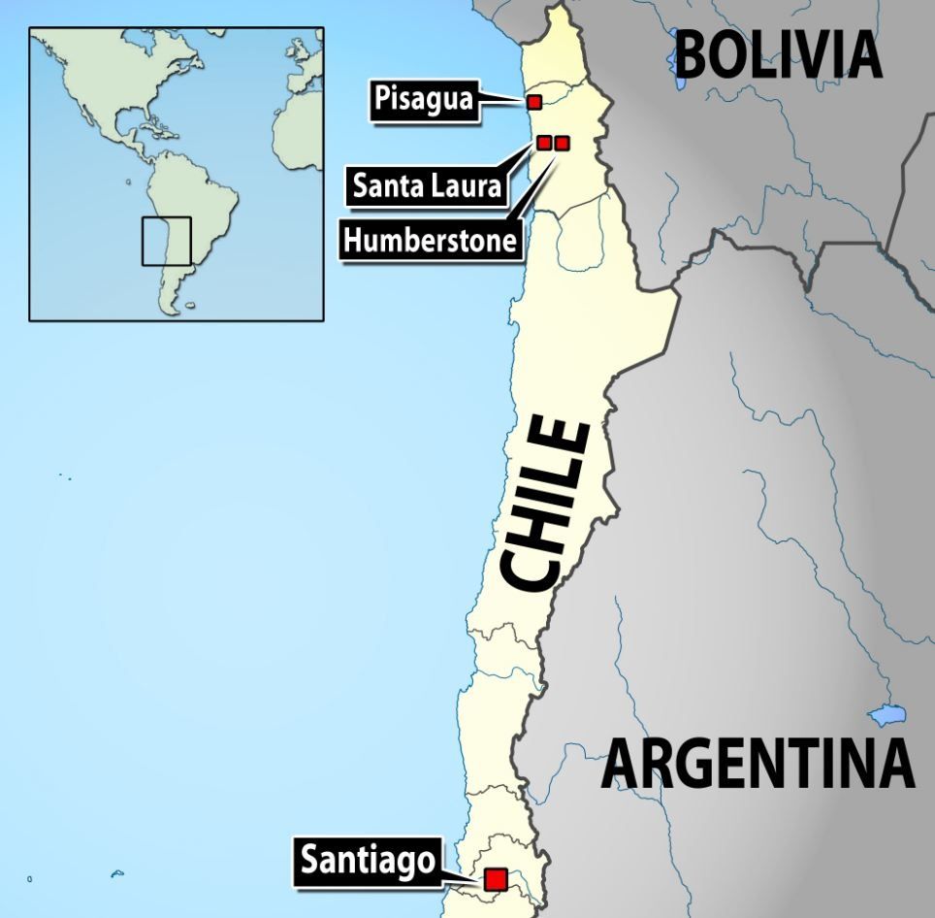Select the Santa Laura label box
point(428,184)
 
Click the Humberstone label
point(430,240)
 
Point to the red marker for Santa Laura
point(544,143)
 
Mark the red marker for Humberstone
point(562,143)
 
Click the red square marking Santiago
point(496,878)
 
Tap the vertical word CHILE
point(545,505)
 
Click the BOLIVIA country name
point(778,55)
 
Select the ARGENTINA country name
point(758,764)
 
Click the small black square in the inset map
point(166,241)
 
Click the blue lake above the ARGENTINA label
point(887,716)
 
